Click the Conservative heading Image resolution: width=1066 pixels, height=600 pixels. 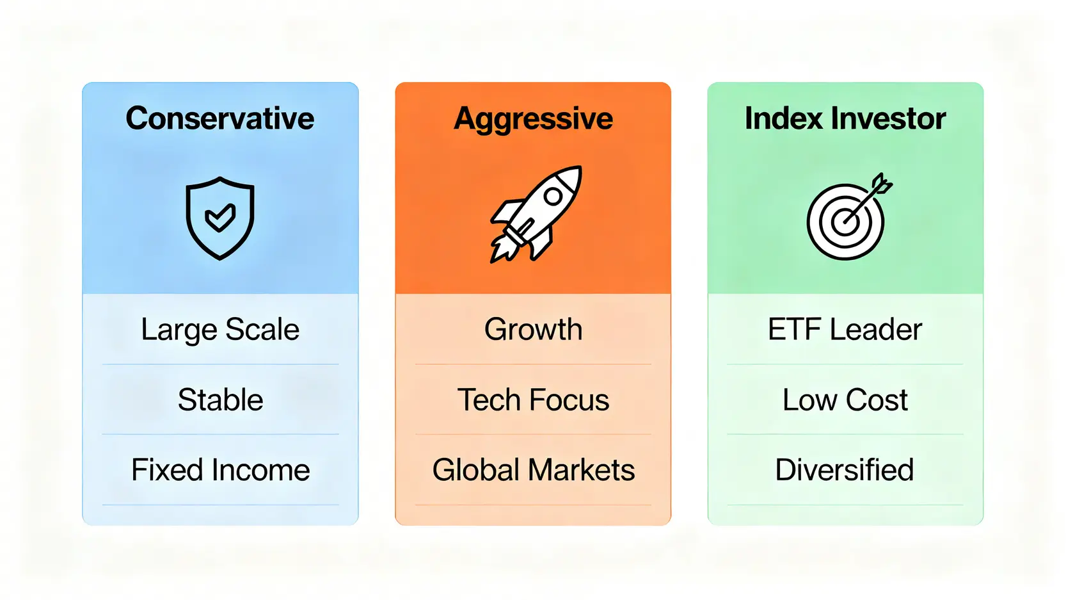220,118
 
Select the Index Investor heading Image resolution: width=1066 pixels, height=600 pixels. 845,118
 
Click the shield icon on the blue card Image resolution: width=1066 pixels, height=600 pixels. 220,218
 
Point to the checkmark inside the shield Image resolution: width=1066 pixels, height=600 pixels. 220,218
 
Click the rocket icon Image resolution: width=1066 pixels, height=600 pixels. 536,215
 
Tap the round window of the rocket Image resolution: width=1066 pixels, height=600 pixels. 553,196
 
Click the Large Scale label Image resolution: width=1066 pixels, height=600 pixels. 220,330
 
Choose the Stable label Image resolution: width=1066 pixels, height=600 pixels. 220,400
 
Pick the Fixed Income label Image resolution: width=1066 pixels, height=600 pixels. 220,470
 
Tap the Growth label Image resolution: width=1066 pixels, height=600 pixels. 534,329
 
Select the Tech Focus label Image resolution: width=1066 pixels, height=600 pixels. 533,400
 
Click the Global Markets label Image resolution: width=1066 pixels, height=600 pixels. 534,470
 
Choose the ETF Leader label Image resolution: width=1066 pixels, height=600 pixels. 845,329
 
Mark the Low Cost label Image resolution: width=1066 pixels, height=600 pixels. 845,400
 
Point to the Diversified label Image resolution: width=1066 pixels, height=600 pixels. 845,470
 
